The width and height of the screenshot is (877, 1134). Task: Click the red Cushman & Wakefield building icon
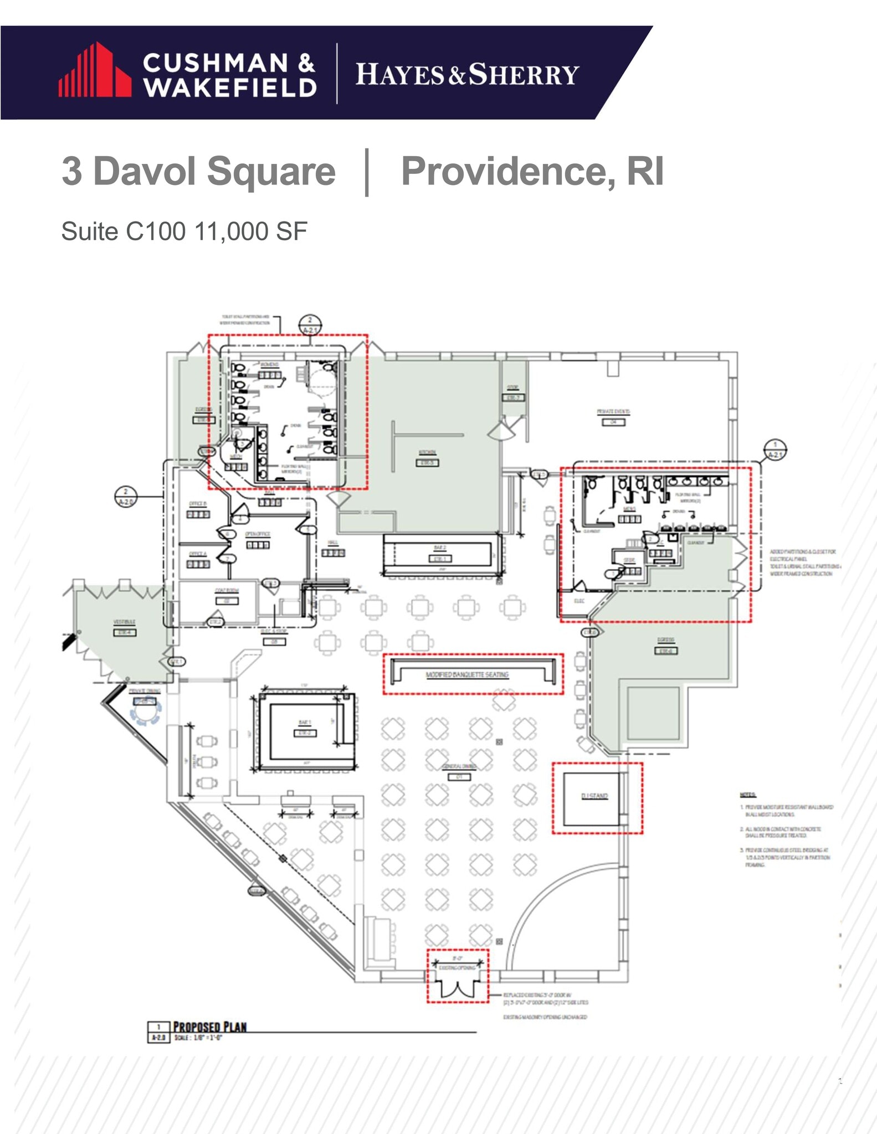point(95,71)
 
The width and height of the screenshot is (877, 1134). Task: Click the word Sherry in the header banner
point(524,75)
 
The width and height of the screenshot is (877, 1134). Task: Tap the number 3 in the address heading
point(72,171)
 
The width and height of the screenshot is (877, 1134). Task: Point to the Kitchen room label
point(427,453)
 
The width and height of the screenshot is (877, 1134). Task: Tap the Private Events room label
point(613,412)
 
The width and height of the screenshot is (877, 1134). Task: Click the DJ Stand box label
point(594,796)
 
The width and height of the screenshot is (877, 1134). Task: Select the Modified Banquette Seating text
point(467,674)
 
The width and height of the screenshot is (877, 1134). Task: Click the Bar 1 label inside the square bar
point(305,723)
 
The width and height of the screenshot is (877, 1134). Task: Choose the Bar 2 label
point(440,548)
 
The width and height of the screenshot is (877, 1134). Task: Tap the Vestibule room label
point(124,622)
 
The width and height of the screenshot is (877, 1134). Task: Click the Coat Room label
point(227,591)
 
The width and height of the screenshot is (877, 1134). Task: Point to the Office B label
point(198,504)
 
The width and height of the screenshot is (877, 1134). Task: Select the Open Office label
point(258,534)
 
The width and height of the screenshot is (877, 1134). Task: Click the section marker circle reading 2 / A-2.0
point(126,497)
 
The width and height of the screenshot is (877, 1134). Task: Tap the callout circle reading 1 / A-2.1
point(775,450)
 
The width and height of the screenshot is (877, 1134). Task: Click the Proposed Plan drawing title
point(210,1027)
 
